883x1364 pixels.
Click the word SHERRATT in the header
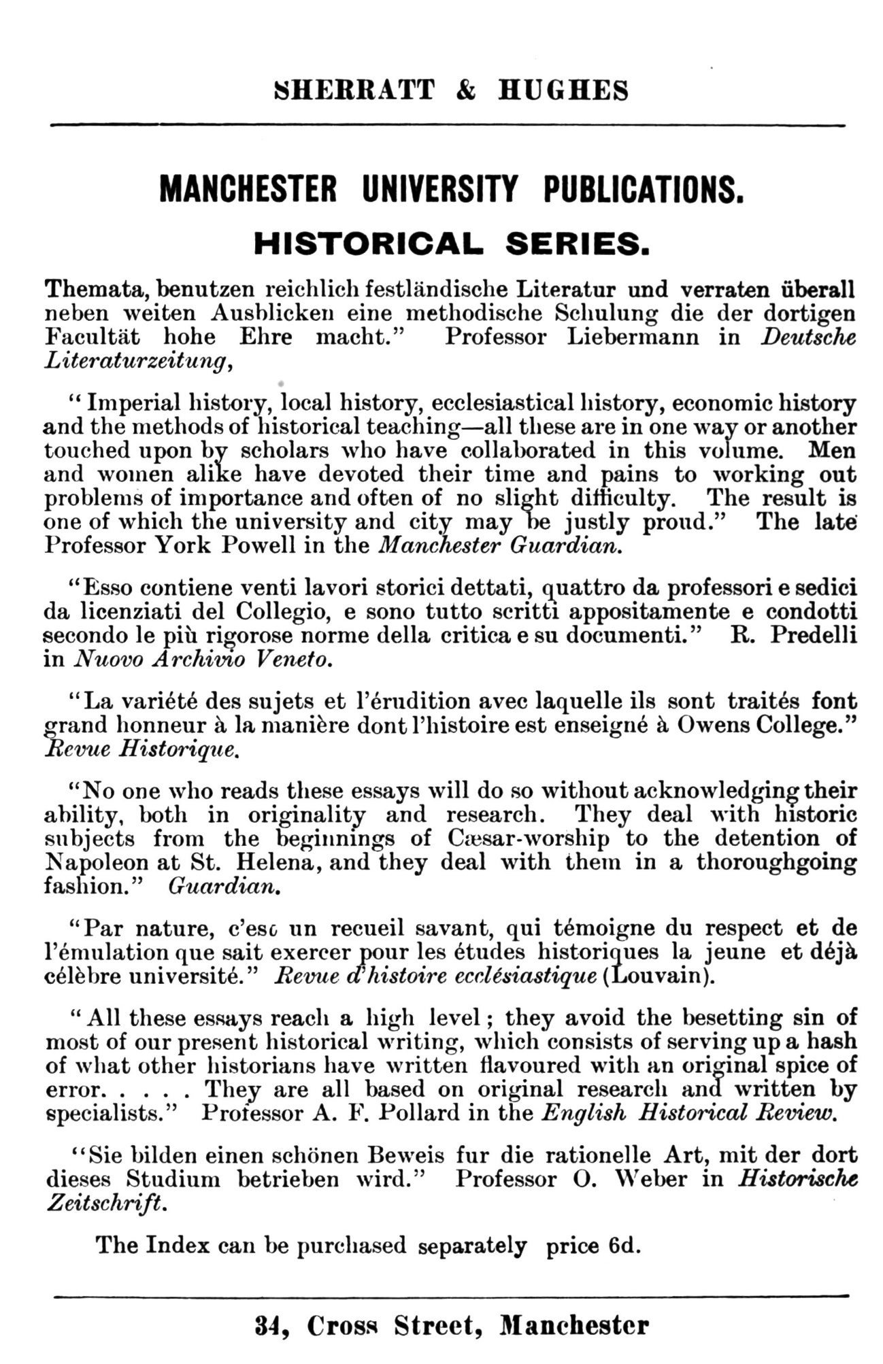353,90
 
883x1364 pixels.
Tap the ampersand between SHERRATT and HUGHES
466,90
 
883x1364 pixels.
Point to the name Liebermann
633,337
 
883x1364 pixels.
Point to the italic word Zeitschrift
105,1202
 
